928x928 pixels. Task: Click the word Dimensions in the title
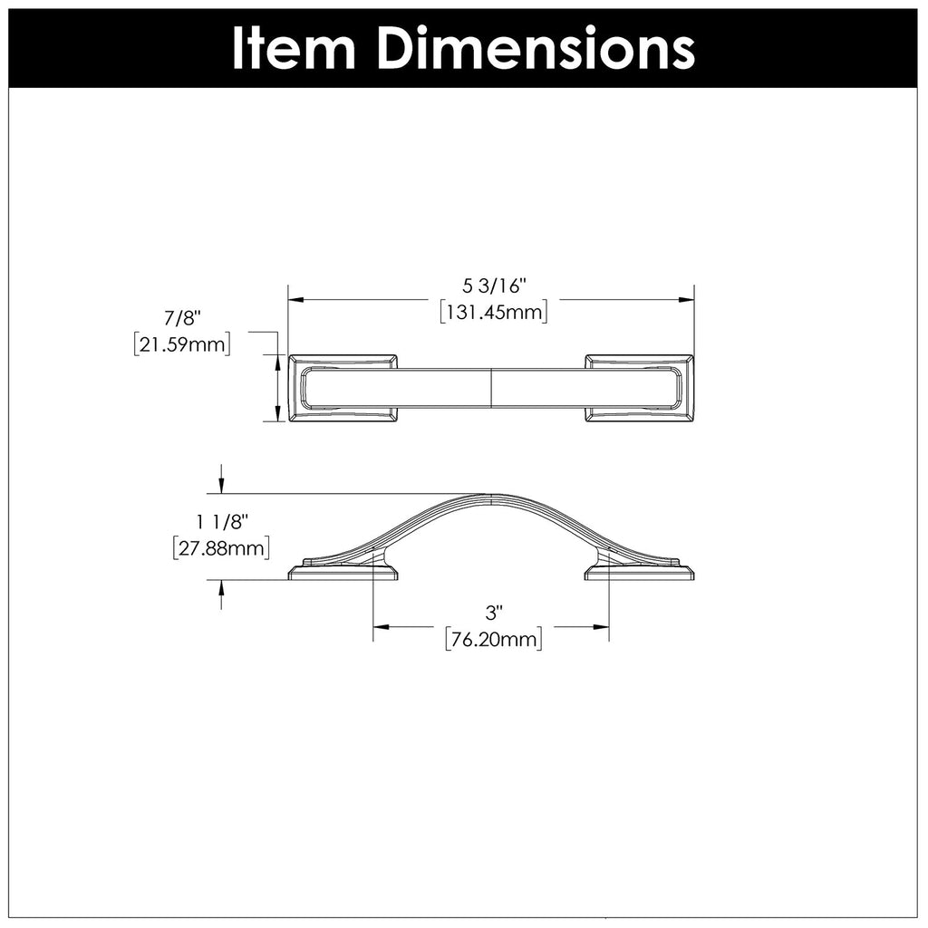[x=535, y=48]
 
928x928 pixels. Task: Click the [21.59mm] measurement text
[x=180, y=344]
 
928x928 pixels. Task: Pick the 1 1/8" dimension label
[x=221, y=522]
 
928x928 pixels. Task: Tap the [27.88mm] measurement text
[x=221, y=547]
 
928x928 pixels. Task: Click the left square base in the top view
[x=343, y=388]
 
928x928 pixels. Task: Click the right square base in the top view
[x=640, y=388]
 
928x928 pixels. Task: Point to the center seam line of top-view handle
[x=490, y=388]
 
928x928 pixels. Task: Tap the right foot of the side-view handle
[x=640, y=571]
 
